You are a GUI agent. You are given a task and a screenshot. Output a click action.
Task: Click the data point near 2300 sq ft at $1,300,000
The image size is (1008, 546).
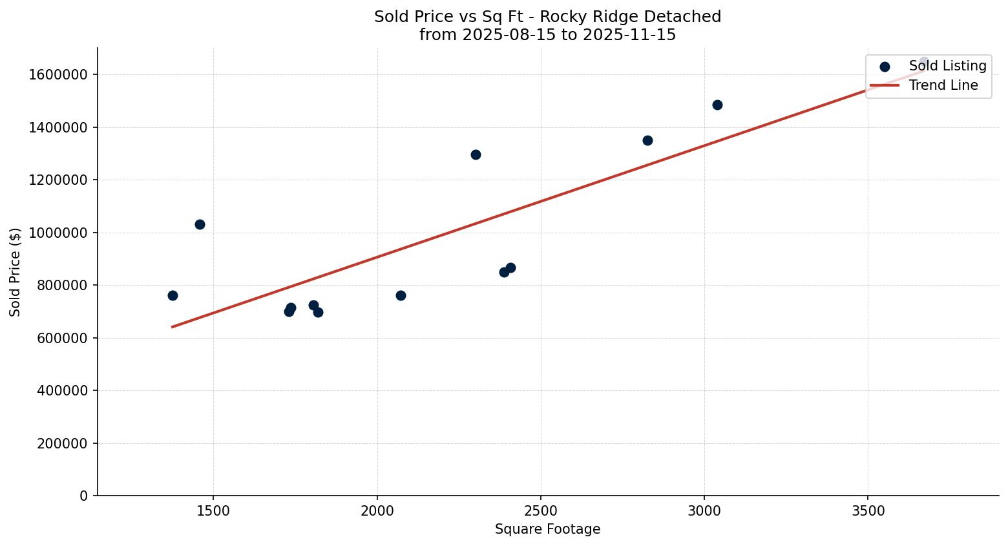[x=476, y=154]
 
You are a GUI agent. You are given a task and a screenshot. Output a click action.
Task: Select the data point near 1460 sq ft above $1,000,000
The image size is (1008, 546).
[x=200, y=224]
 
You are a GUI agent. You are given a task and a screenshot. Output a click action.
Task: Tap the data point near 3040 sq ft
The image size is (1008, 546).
[x=717, y=105]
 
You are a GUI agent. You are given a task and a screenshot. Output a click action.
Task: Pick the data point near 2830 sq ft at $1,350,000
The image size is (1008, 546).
[x=647, y=140]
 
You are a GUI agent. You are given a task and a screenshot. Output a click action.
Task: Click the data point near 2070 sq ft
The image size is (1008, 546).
[x=401, y=295]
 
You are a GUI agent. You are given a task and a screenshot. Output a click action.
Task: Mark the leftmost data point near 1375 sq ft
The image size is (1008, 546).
[x=173, y=295]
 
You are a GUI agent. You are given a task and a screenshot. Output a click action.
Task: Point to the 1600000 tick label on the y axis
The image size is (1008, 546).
[x=58, y=75]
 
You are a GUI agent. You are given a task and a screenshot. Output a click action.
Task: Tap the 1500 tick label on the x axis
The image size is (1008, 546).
[x=213, y=510]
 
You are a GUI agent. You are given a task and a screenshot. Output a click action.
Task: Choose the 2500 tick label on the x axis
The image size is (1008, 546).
[x=541, y=510]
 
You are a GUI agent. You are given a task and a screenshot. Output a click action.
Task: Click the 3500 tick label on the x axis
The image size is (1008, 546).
[x=868, y=510]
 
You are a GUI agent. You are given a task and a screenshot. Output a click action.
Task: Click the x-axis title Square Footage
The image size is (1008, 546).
[x=547, y=530]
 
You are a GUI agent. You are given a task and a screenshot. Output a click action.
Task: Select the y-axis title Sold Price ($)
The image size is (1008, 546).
[x=16, y=272]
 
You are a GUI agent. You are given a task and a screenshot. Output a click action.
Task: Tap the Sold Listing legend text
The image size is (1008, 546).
[x=947, y=66]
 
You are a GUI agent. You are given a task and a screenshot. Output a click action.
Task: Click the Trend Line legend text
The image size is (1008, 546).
[x=943, y=85]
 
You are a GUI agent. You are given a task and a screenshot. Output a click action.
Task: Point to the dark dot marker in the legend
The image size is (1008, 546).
[x=885, y=67]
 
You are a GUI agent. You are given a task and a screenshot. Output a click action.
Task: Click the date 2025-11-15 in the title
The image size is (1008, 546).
[x=629, y=35]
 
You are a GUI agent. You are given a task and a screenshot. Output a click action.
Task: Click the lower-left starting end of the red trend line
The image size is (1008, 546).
[x=173, y=327]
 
